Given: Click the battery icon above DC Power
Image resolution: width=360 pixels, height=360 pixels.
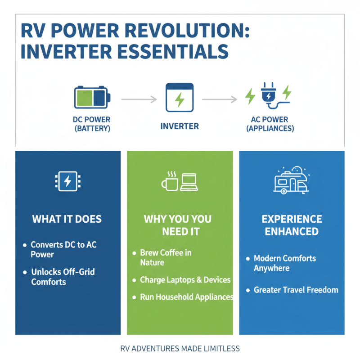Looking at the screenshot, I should (92, 98).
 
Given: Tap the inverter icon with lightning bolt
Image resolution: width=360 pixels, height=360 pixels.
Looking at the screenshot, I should (180, 98).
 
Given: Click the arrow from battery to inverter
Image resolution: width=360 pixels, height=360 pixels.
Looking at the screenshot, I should (139, 99).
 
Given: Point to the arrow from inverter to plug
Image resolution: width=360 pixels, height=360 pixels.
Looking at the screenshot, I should (219, 99).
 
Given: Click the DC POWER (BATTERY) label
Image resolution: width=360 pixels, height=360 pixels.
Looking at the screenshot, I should (92, 124).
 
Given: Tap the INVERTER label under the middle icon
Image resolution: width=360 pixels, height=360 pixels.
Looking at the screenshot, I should (180, 126).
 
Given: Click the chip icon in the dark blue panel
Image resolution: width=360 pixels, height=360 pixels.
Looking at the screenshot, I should (67, 181).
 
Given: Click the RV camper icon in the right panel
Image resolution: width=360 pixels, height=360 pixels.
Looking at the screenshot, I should (291, 181).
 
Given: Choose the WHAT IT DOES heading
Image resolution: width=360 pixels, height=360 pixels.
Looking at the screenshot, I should (67, 220).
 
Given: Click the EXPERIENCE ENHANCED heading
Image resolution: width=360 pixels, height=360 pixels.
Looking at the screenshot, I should (292, 225).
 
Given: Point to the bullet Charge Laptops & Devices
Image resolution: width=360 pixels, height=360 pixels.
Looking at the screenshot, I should (185, 280).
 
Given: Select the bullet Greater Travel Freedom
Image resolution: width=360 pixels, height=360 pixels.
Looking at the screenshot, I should (296, 290).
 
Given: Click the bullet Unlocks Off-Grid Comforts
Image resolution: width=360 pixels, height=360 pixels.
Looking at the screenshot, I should (63, 277).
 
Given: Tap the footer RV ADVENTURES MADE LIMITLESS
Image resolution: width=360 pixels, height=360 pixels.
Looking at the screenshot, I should (180, 349).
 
